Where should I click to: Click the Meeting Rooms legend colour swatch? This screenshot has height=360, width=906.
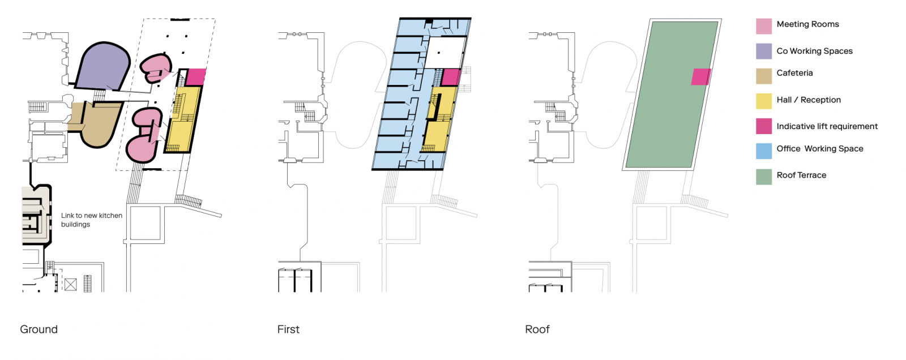click(764, 26)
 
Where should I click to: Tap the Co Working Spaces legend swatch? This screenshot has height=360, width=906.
click(764, 52)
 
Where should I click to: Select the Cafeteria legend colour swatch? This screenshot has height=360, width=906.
click(764, 76)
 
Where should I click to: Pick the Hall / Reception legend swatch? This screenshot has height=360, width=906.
click(764, 101)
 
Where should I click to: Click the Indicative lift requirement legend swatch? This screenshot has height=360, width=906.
click(764, 126)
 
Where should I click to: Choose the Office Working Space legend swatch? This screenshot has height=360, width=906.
click(764, 151)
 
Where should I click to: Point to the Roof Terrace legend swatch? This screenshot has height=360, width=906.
click(764, 177)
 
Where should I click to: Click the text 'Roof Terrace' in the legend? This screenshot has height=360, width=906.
click(801, 175)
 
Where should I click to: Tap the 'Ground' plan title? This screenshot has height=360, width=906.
click(39, 329)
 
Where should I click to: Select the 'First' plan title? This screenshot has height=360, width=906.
click(288, 329)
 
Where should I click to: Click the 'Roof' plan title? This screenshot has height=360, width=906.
click(537, 329)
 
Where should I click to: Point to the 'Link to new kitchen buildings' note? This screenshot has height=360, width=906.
click(92, 220)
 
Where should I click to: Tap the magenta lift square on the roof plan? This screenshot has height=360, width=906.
click(701, 77)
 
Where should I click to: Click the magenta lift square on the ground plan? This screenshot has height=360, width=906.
click(196, 77)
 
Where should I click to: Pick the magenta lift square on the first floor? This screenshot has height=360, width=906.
click(451, 77)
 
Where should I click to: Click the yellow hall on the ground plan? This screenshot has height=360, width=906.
click(183, 119)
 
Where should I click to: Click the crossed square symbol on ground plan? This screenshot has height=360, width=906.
click(71, 284)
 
